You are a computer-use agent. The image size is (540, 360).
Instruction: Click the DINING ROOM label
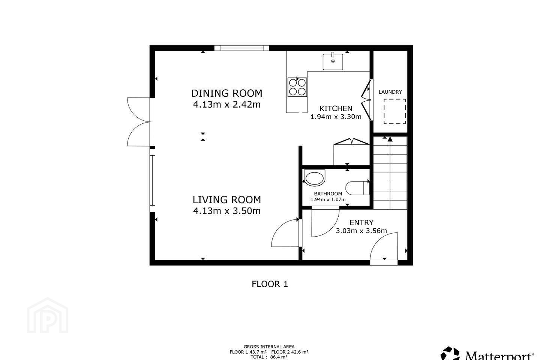tap(227, 93)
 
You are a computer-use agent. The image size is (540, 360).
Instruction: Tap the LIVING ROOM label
tap(227, 199)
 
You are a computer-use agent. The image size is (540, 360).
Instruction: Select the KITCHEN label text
tap(336, 108)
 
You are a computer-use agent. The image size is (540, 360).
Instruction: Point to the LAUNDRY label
tap(390, 92)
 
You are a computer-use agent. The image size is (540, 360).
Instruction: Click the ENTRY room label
tap(361, 222)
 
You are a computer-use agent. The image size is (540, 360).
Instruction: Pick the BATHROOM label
tap(328, 193)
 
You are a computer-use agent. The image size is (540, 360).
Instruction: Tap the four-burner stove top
tap(297, 87)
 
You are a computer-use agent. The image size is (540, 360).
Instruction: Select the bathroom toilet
tap(357, 188)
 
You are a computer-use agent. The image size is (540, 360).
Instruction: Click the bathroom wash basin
tap(315, 178)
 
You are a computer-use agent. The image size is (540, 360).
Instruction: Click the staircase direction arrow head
tap(390, 139)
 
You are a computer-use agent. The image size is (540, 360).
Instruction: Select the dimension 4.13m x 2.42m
tap(227, 105)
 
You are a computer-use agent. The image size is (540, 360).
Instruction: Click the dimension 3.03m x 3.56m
tap(361, 231)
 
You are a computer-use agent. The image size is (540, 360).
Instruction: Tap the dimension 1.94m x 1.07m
tap(328, 199)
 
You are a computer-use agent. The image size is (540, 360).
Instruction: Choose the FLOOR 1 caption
tap(270, 284)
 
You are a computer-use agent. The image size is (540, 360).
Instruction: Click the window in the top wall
tap(241, 48)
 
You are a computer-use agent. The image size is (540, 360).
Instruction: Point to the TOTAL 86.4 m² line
tap(269, 357)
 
